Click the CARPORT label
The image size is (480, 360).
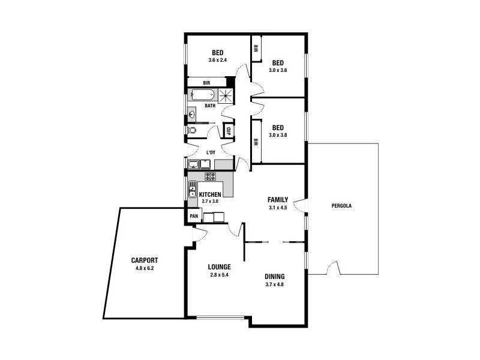coord(145,260)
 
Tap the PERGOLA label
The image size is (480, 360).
coord(341,206)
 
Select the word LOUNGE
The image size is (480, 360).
coord(220,266)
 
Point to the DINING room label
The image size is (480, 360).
coord(274,277)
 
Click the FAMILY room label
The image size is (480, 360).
coord(278,200)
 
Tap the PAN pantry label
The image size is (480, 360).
coord(193,216)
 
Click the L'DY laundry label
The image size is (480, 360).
coord(211,153)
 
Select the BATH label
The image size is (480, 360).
coord(210,106)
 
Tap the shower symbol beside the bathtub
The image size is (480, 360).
coord(226,95)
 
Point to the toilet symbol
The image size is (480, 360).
coord(192,130)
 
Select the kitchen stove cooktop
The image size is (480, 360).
coord(210,176)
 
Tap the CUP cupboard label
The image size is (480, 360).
coord(229,130)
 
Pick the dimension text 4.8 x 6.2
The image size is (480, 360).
coord(145,268)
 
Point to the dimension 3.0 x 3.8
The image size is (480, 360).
coord(278,136)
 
